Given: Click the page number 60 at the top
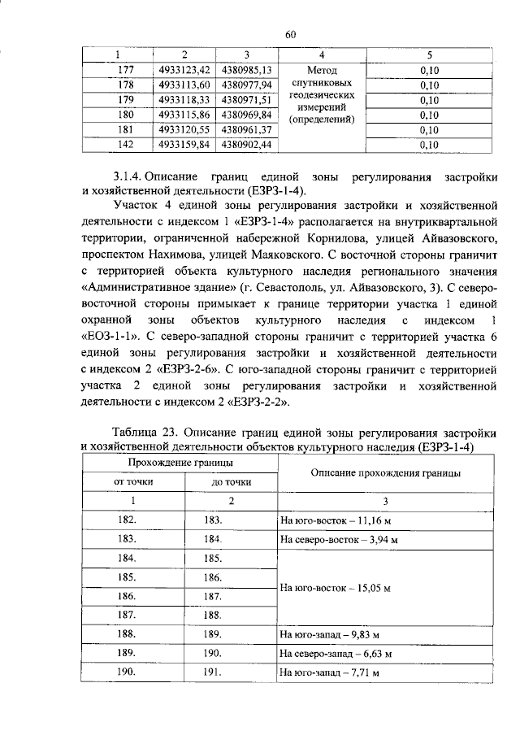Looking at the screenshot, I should [x=291, y=33].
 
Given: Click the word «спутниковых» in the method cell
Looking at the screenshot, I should [x=322, y=83].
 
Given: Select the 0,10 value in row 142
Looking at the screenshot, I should [x=430, y=145].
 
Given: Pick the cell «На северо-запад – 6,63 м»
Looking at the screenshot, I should [x=336, y=653].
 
